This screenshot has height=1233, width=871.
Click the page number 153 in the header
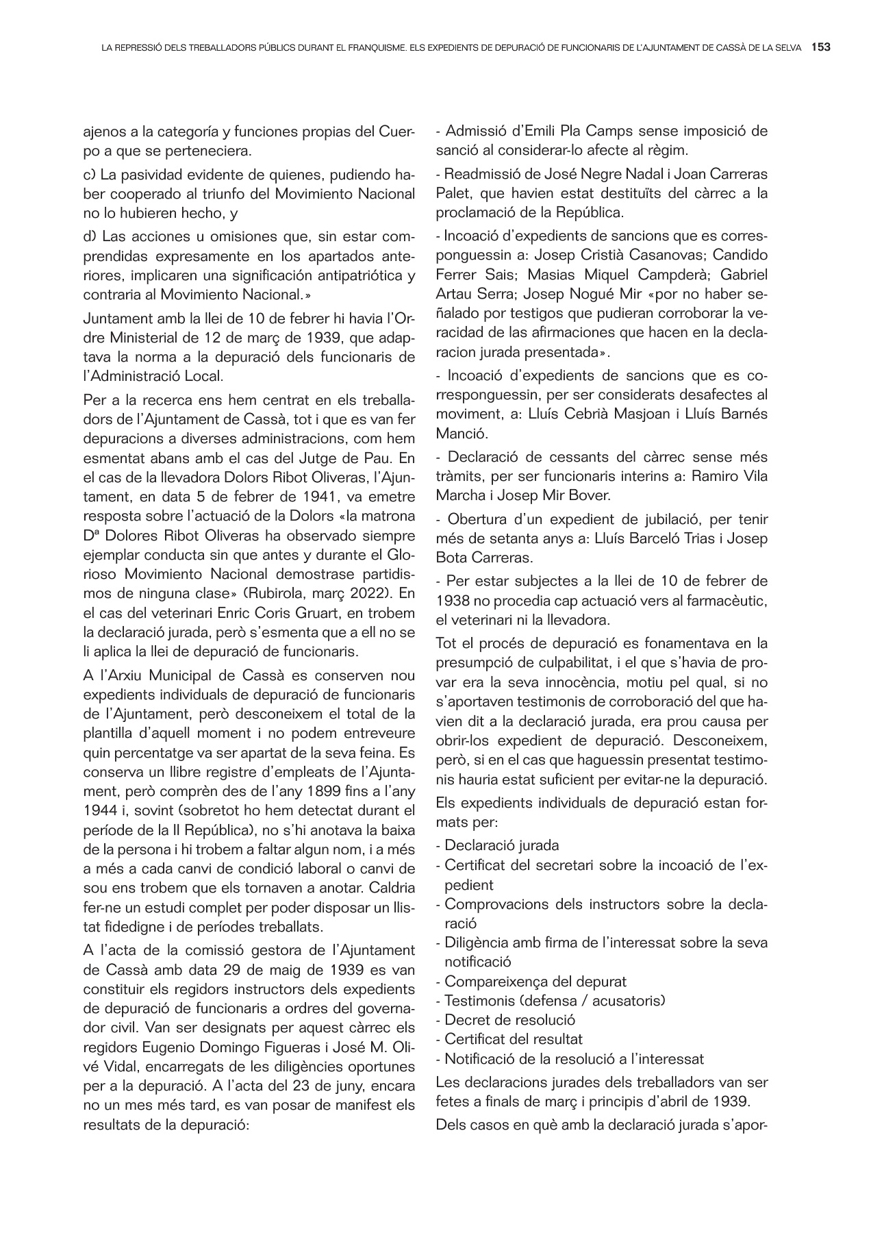(821, 48)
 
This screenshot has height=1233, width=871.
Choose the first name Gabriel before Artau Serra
(744, 275)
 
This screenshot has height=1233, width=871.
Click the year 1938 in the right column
(452, 601)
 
